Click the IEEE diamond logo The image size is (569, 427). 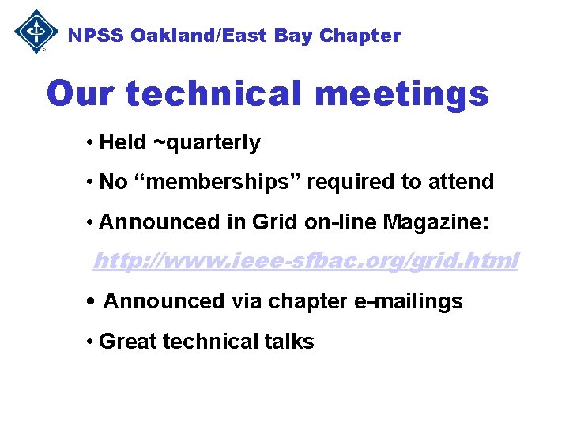36,32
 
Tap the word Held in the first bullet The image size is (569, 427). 122,142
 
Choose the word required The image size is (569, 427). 352,182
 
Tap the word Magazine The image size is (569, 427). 435,223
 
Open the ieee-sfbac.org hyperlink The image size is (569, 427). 305,260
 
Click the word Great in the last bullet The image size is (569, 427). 124,342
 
